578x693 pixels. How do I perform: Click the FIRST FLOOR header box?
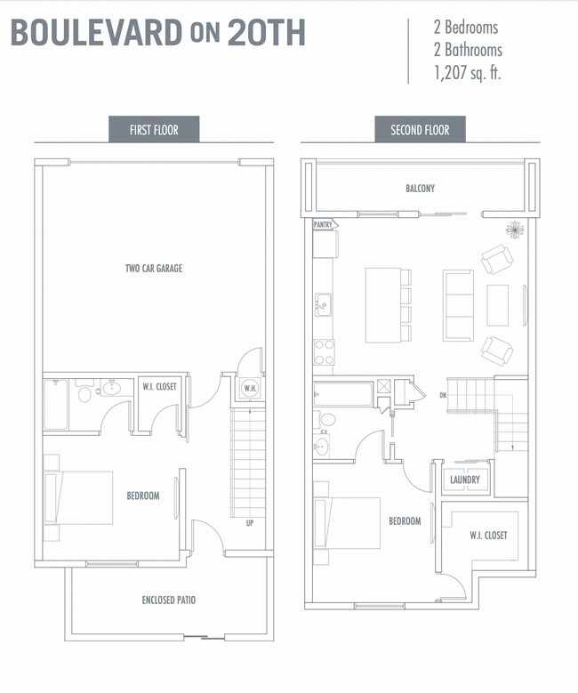click(x=154, y=130)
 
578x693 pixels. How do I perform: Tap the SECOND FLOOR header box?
click(x=420, y=130)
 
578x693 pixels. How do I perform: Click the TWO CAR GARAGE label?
click(x=154, y=269)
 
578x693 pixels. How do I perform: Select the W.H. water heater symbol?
click(x=250, y=389)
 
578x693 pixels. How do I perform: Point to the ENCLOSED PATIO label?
click(x=169, y=600)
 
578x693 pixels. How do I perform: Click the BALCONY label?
click(x=421, y=189)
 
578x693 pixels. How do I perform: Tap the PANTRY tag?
click(x=325, y=224)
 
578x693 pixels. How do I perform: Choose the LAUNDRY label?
click(x=465, y=479)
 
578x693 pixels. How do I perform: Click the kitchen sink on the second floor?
click(x=323, y=304)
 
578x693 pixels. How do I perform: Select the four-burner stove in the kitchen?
click(x=324, y=351)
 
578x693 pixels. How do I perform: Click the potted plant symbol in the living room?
click(x=514, y=230)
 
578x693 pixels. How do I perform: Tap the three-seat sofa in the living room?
click(x=458, y=305)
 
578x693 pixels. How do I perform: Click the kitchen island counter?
click(x=383, y=305)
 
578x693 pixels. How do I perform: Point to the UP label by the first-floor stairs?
click(x=250, y=523)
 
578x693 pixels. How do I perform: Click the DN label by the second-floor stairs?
click(x=443, y=395)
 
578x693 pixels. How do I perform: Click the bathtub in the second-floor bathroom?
click(x=343, y=394)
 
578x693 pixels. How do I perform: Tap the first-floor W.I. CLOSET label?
click(x=159, y=387)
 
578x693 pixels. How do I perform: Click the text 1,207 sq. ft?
click(x=467, y=72)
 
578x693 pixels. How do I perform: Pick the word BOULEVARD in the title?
click(x=96, y=32)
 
